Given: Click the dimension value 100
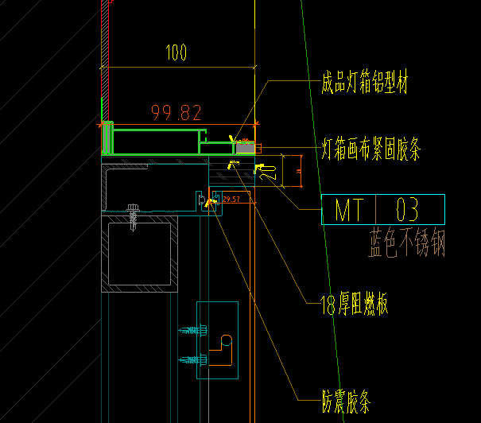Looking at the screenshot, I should [176, 54].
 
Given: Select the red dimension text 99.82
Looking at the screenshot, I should [177, 112].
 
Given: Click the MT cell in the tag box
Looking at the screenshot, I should [348, 211].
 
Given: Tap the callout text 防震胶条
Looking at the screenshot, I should [347, 403].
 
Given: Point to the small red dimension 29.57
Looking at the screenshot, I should [232, 199].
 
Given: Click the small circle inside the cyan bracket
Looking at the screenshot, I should [225, 341].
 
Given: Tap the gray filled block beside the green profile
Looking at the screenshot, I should [245, 147].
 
